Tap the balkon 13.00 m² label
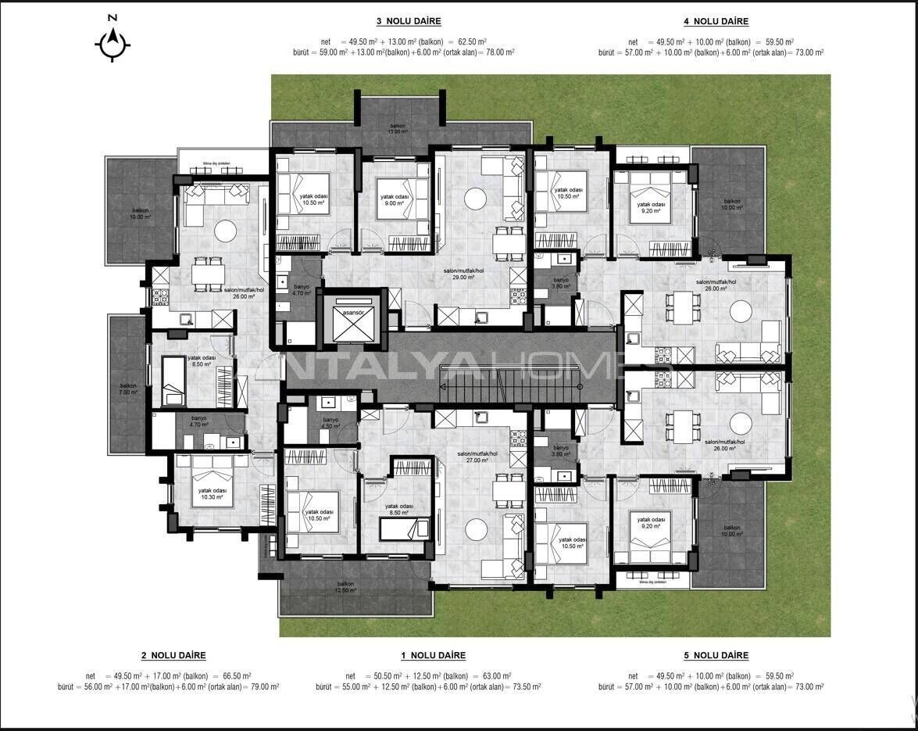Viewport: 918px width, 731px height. (398, 128)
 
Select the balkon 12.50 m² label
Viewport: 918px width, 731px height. (345, 588)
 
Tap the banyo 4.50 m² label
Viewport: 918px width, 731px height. (331, 424)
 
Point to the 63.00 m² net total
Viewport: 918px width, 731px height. (496, 676)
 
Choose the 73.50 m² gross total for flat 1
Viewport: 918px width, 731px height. (525, 686)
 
